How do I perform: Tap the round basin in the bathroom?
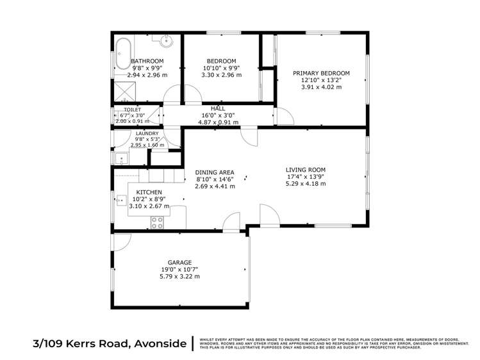[168, 44]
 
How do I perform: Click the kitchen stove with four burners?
[157, 222]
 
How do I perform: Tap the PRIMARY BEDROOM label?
[321, 73]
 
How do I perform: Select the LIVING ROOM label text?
[306, 170]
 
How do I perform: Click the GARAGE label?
[179, 263]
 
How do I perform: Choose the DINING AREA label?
[215, 172]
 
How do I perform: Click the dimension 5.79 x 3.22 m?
[179, 277]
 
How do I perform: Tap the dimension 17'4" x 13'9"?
[306, 177]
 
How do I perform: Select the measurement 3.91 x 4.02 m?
[321, 87]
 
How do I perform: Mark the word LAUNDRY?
[147, 133]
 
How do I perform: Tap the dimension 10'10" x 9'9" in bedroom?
[221, 67]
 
